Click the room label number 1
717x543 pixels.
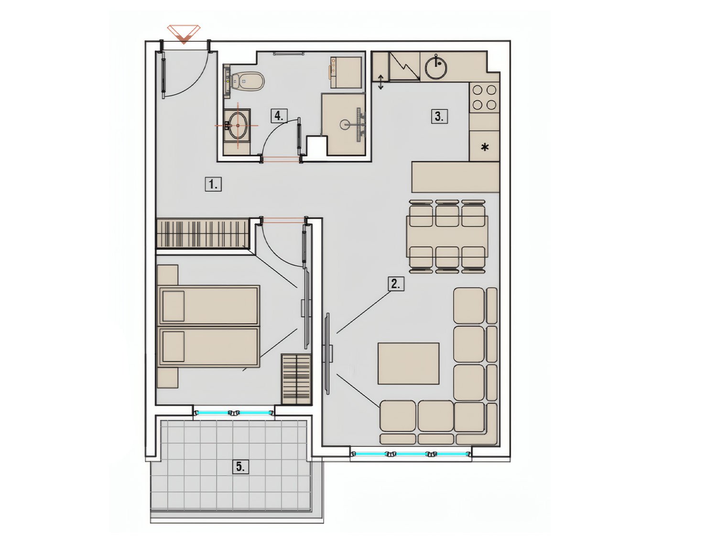click(x=213, y=184)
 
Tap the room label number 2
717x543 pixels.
click(x=396, y=283)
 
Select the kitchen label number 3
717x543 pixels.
click(x=439, y=116)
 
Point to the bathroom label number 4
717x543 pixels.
click(x=279, y=115)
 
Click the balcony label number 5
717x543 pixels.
click(x=240, y=466)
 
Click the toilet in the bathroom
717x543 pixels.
click(x=247, y=81)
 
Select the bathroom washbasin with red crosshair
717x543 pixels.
click(x=237, y=125)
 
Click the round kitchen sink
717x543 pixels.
click(x=436, y=67)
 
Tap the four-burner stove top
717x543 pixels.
click(x=484, y=97)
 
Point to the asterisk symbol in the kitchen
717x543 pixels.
click(x=485, y=147)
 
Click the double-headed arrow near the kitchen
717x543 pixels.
click(x=380, y=82)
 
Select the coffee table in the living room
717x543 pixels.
click(x=408, y=363)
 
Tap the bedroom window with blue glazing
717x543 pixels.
click(x=234, y=412)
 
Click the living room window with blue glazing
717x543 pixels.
click(x=411, y=454)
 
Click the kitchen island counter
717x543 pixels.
click(x=456, y=177)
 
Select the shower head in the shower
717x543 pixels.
click(x=345, y=124)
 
